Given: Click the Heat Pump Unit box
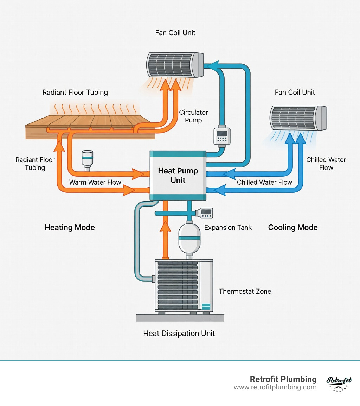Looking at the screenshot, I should click(178, 175).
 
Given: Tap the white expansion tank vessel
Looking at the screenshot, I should click(189, 237).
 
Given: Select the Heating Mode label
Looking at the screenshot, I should click(70, 227).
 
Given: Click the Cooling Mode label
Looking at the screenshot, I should click(292, 227).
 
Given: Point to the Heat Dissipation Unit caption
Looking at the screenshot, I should click(179, 333).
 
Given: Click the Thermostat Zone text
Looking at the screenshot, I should click(245, 291).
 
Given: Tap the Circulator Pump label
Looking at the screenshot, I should click(193, 116).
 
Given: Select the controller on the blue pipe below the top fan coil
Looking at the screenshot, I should click(222, 136).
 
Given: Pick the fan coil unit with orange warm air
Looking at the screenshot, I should click(174, 65).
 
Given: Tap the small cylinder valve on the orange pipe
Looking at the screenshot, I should click(87, 159).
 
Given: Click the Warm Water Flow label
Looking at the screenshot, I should click(95, 182).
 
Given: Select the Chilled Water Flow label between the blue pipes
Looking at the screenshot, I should click(264, 182).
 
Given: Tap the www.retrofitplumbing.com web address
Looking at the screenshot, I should click(275, 387).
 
